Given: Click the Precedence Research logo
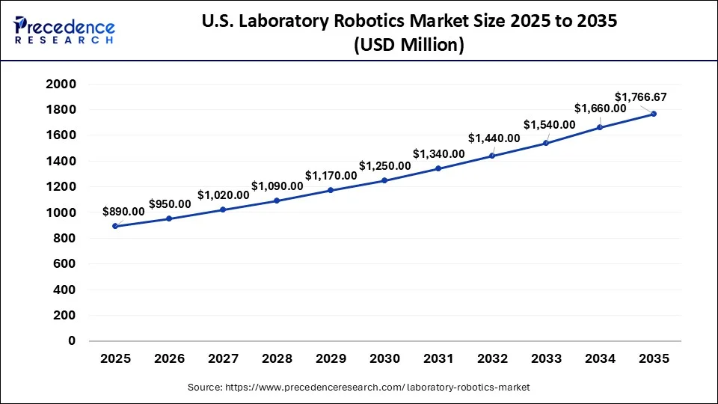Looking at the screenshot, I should tap(64, 29).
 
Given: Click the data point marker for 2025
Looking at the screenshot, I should tap(115, 226).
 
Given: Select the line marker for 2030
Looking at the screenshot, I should tap(384, 180).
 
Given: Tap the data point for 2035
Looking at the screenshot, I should tap(654, 114).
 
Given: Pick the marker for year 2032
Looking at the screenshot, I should tap(492, 156).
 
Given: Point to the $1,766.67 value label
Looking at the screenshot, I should tap(640, 97).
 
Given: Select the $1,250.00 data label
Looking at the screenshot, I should tap(384, 165).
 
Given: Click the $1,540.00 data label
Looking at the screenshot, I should tap(549, 124).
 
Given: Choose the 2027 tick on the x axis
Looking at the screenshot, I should tap(223, 359).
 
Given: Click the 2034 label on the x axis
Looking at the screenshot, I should tap(600, 359).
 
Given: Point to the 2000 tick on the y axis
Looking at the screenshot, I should tap(61, 85).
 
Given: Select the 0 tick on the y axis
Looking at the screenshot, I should tap(72, 341).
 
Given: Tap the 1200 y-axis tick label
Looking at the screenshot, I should tap(61, 187).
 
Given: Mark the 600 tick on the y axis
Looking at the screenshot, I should tap(65, 264).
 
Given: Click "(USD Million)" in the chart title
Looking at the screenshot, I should tap(408, 46).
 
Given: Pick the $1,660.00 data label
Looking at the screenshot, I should tap(601, 108).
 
